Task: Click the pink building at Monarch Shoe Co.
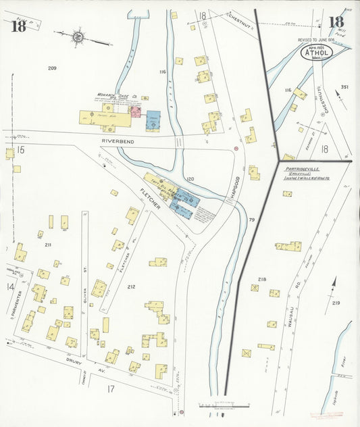click(135, 111)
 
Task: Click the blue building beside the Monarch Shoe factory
click(153, 120)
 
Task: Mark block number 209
click(52, 68)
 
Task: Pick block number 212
click(130, 287)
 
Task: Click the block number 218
click(262, 278)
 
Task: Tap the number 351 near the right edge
click(344, 87)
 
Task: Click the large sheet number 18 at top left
click(18, 26)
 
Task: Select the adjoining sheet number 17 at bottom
click(111, 388)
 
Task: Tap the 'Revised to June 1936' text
click(316, 40)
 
